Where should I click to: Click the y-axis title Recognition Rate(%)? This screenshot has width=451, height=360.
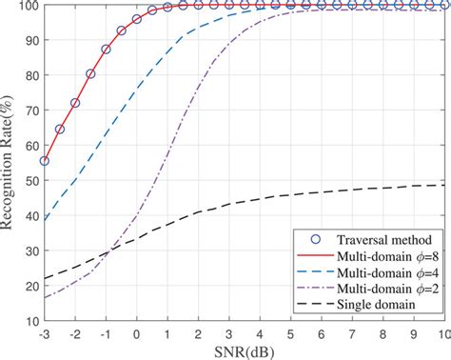click(10, 163)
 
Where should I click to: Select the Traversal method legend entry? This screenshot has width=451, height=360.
click(366, 240)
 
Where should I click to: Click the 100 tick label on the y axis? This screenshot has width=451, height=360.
click(27, 6)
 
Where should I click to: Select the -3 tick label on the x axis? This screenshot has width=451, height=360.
click(44, 332)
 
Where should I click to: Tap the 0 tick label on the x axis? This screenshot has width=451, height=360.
click(137, 332)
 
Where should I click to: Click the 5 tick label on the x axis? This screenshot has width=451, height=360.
click(291, 332)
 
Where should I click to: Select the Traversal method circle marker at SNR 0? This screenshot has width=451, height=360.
click(137, 19)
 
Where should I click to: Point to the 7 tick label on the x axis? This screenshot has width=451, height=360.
click(352, 332)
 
